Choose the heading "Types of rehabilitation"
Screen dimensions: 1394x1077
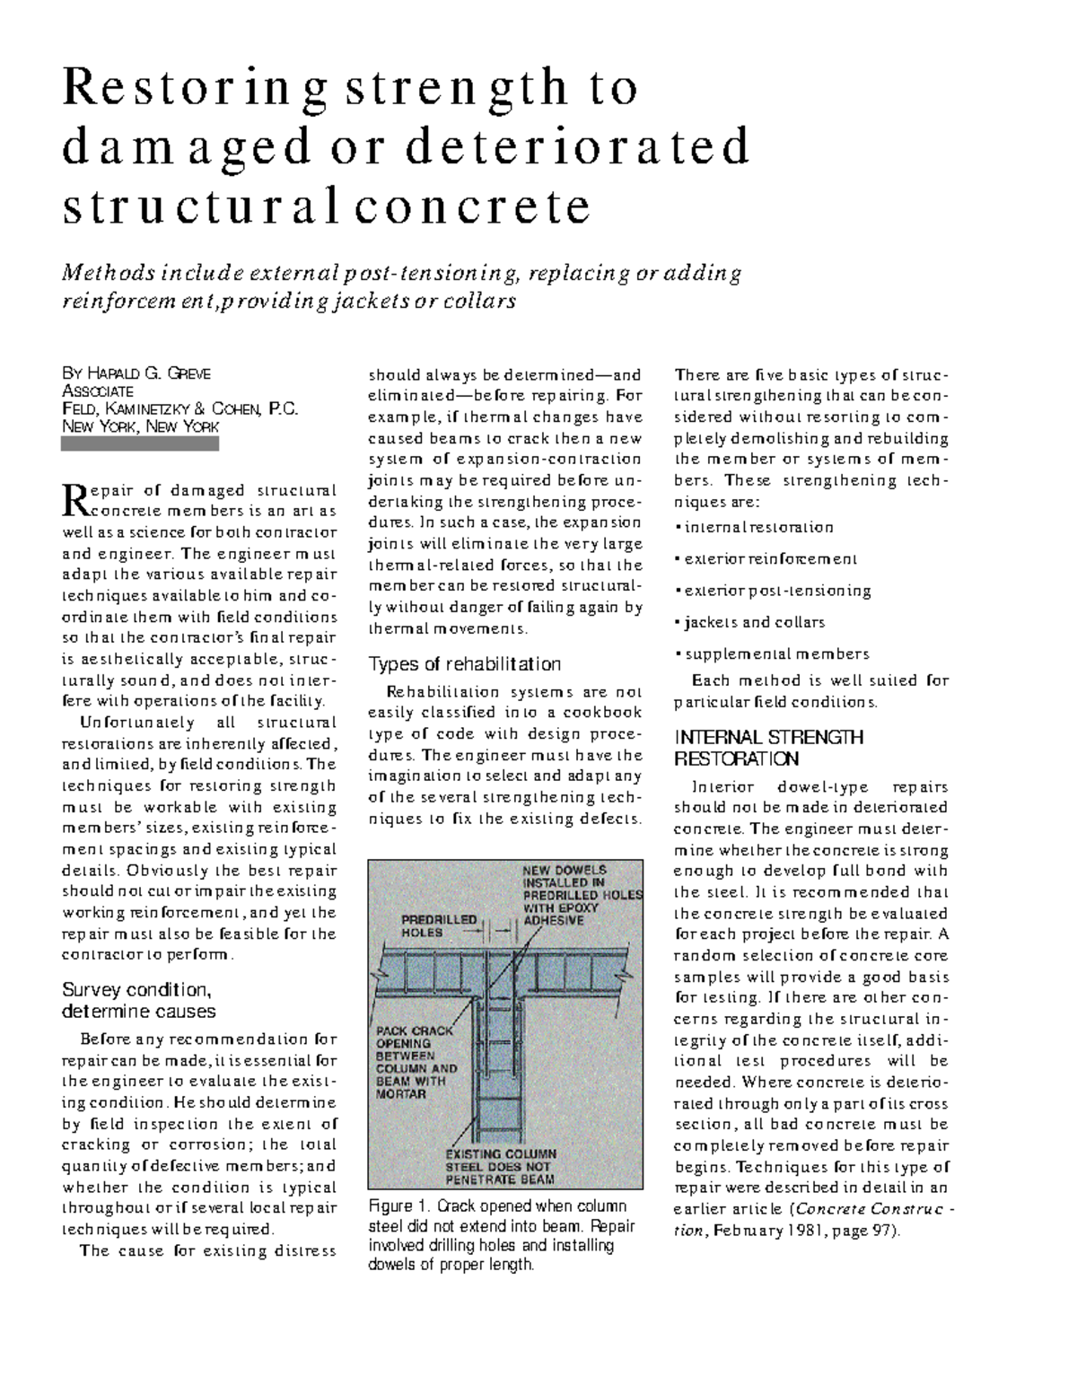(465, 664)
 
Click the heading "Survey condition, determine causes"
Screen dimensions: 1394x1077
(138, 1001)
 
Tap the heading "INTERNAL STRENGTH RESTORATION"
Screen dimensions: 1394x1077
(768, 749)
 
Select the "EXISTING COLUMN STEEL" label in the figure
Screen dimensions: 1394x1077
(501, 1166)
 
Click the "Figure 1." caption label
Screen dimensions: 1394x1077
(401, 1206)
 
